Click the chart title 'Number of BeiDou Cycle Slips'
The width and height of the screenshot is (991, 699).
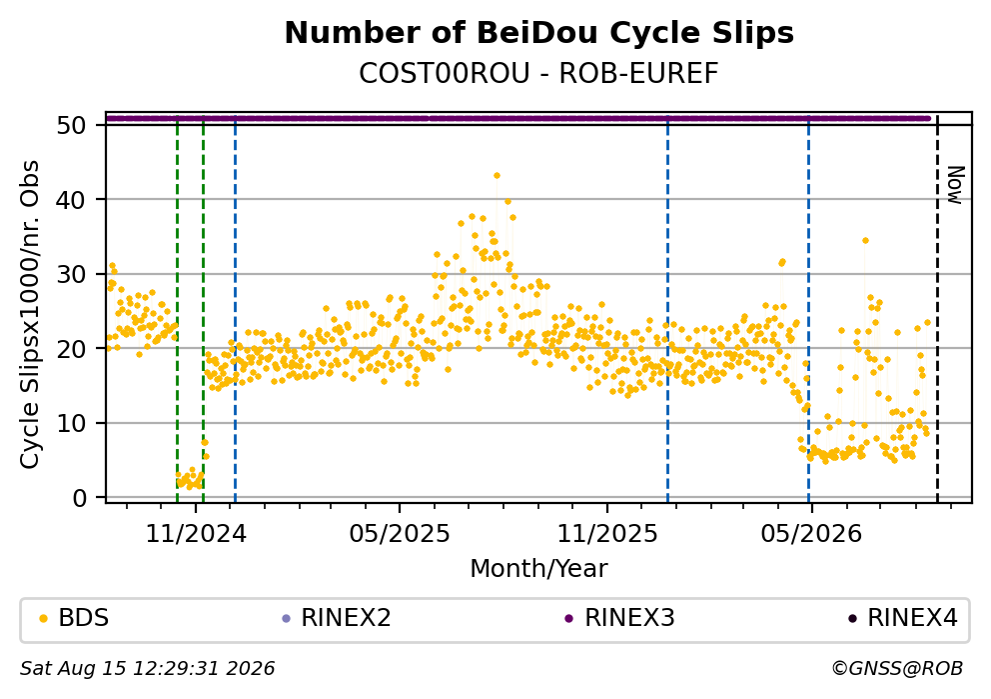point(539,33)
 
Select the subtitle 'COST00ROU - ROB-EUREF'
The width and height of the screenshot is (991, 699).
point(538,74)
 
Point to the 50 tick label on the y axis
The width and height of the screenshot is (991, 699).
point(71,125)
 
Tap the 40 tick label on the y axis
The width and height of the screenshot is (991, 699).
point(71,200)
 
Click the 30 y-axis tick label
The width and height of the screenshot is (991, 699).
point(71,275)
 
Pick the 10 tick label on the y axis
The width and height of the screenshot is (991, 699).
point(71,423)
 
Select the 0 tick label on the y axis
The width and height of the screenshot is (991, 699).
point(79,498)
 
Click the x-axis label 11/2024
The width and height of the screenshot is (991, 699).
point(196,534)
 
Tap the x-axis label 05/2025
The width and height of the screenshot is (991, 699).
point(400,534)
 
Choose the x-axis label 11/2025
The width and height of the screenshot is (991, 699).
point(607,534)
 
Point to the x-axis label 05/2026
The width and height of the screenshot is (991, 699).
point(811,534)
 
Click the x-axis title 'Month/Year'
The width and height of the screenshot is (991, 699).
point(538,569)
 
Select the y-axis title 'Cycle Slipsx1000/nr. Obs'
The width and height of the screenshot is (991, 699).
point(30,314)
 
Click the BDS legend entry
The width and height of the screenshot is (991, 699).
point(74,617)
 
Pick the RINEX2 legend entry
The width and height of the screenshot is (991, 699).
point(337,617)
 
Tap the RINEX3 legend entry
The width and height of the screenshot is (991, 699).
point(620,617)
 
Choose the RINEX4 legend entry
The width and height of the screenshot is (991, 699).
point(903,617)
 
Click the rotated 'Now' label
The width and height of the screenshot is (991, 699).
point(955,185)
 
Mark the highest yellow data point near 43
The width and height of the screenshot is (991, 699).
point(496,176)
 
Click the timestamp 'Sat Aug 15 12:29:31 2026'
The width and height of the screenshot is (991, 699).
point(147,669)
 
